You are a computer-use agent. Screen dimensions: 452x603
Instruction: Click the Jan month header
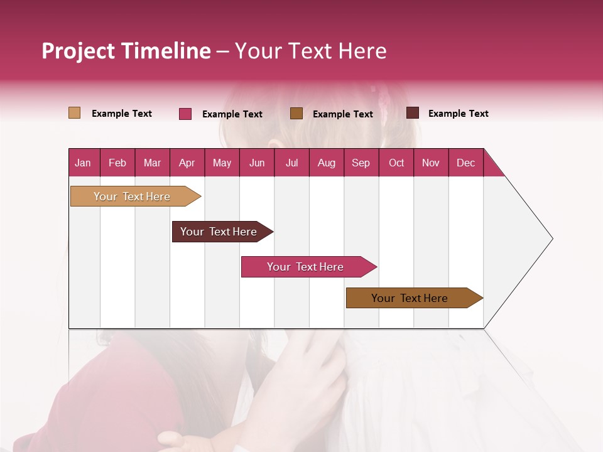coord(84,163)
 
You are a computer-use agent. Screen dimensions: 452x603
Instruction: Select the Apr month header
coord(187,163)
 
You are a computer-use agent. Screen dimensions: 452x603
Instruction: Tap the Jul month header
coord(291,163)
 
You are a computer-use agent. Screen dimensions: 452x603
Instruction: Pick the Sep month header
coord(361,163)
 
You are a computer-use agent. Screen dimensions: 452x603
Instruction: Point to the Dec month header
coord(465,163)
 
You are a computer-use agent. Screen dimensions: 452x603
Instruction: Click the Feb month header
coord(117,163)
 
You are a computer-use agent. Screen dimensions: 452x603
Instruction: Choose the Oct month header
coord(396,163)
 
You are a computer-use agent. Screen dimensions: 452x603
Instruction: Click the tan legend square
coord(75,113)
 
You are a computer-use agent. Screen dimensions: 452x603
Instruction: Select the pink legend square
coord(185,114)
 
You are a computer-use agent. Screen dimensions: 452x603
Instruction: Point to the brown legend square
coord(296,113)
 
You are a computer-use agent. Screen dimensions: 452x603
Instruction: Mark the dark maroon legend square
coord(413,113)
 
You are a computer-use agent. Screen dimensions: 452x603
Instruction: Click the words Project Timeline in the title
coord(126,51)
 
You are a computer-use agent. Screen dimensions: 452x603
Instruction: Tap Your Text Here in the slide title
coord(310,51)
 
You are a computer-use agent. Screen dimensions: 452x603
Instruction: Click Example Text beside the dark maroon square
coord(458,114)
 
